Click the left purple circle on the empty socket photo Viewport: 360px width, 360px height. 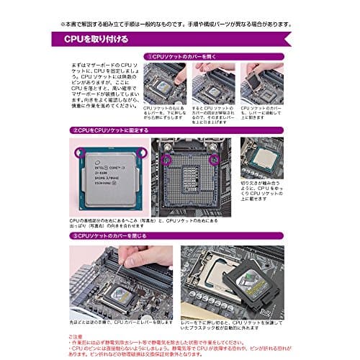(168, 159)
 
